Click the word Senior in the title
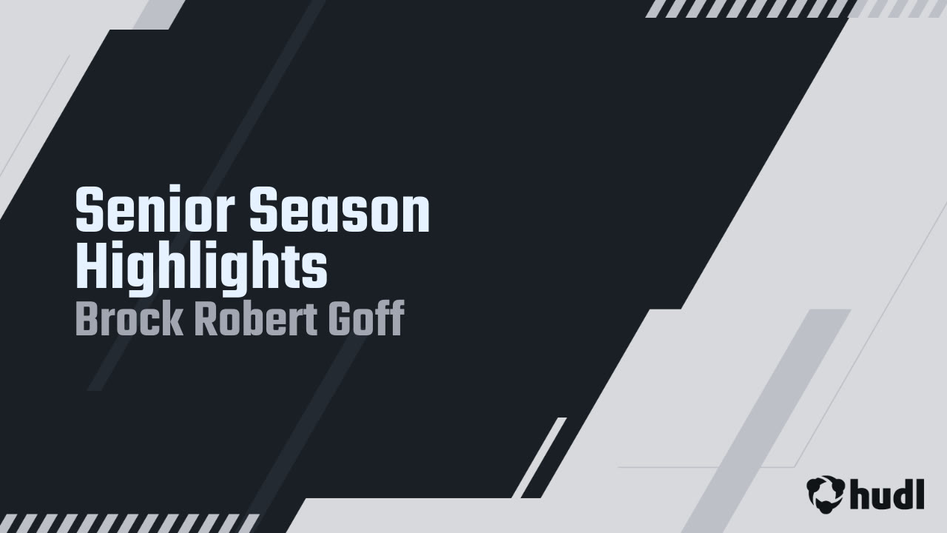[x=156, y=211]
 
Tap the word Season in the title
[x=339, y=211]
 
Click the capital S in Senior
[x=89, y=211]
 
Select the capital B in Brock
[x=87, y=319]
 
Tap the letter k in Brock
[x=172, y=319]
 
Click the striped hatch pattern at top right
[x=747, y=9]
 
